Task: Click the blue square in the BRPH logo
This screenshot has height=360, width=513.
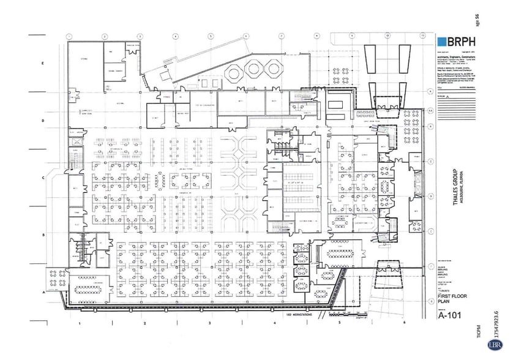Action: [x=443, y=42]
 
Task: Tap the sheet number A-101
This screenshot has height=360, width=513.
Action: [x=449, y=317]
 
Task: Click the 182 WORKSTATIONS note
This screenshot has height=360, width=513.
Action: [x=298, y=315]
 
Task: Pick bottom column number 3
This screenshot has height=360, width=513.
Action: [x=209, y=322]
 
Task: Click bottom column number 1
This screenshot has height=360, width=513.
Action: [x=80, y=322]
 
